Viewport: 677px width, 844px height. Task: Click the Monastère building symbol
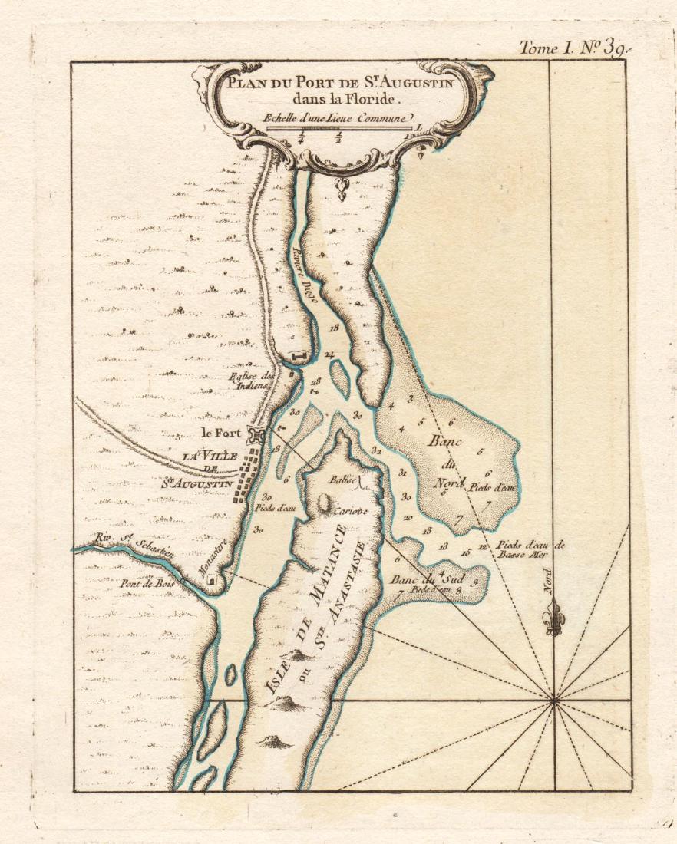[x=212, y=585]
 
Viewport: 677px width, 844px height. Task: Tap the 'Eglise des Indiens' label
[x=251, y=381]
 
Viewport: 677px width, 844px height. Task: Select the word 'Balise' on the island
[x=344, y=480]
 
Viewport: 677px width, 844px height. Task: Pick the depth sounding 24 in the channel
[x=329, y=354]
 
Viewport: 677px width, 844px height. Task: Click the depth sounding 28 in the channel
[x=316, y=381]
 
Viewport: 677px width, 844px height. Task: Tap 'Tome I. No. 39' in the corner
[x=571, y=47]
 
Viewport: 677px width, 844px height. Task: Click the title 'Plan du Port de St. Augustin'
[x=341, y=81]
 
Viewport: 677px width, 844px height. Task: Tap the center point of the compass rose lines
[x=553, y=700]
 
